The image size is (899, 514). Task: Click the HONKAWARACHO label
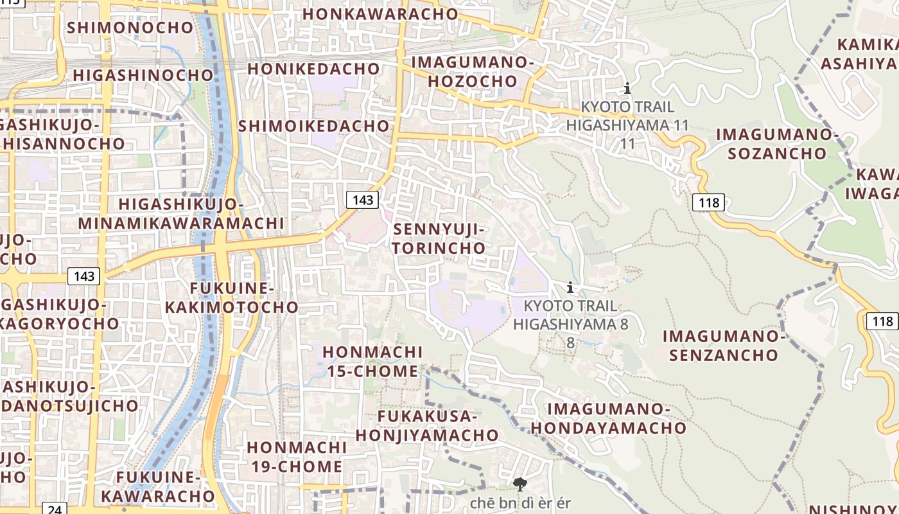[380, 13]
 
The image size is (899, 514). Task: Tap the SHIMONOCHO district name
[130, 28]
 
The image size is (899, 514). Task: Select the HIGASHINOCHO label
[143, 75]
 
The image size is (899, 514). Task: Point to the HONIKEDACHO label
[313, 68]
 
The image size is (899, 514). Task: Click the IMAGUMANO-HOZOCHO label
[473, 72]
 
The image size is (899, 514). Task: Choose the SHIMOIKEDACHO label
[314, 126]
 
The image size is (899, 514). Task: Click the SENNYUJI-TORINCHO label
[439, 238]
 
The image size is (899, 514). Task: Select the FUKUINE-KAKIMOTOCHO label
[232, 297]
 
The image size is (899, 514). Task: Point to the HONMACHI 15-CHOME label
[372, 362]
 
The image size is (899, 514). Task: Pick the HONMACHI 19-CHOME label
[296, 457]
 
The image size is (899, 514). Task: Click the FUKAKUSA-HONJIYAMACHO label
[427, 425]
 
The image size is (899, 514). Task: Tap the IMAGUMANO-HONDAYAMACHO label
[608, 418]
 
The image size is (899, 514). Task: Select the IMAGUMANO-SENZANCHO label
[724, 345]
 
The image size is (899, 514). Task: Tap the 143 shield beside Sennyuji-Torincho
[362, 200]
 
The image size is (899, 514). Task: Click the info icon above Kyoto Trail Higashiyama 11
[627, 89]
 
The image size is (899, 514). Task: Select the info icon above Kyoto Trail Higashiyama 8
[570, 288]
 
